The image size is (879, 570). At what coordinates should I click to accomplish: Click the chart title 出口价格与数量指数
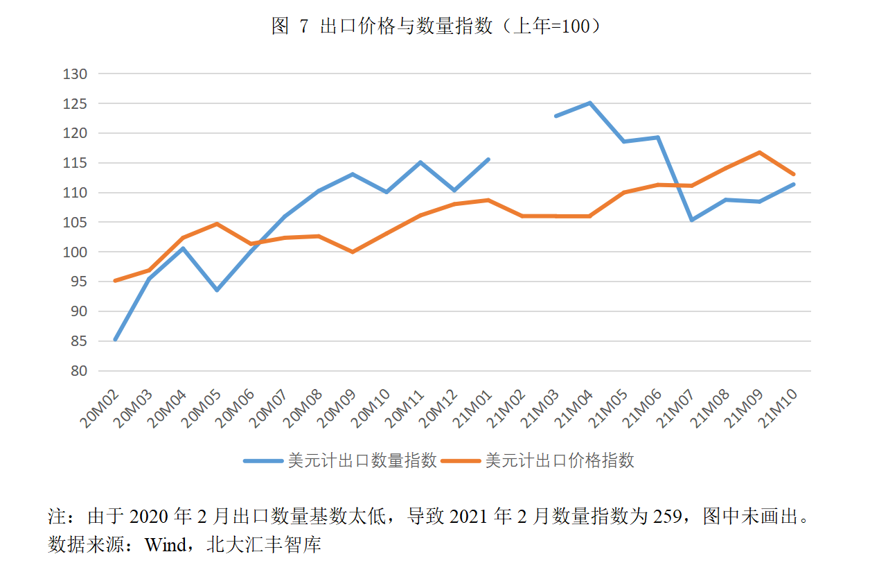pyautogui.click(x=406, y=26)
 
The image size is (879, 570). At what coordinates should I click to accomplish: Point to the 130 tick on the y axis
pyautogui.click(x=75, y=74)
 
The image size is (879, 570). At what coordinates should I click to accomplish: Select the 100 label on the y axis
pyautogui.click(x=75, y=252)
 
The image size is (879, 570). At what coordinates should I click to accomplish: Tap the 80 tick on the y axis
pyautogui.click(x=79, y=371)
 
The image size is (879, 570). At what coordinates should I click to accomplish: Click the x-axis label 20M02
pyautogui.click(x=99, y=408)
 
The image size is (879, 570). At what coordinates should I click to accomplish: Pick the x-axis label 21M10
pyautogui.click(x=777, y=408)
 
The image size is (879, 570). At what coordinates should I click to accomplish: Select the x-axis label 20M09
pyautogui.click(x=337, y=408)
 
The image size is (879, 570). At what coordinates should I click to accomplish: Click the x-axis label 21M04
pyautogui.click(x=574, y=408)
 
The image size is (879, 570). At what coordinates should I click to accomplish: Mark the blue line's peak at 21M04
pyautogui.click(x=589, y=103)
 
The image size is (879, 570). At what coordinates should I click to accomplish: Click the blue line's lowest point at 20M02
pyautogui.click(x=116, y=339)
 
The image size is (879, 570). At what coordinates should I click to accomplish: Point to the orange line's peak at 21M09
pyautogui.click(x=760, y=153)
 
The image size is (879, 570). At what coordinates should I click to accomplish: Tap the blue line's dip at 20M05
pyautogui.click(x=217, y=290)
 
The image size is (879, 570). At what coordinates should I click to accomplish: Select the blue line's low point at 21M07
pyautogui.click(x=692, y=220)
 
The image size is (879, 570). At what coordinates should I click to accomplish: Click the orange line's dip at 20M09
pyautogui.click(x=353, y=252)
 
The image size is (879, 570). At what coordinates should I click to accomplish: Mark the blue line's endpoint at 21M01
pyautogui.click(x=488, y=159)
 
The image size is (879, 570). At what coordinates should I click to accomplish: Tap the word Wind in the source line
pyautogui.click(x=166, y=545)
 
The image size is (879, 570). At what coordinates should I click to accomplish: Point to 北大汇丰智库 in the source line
pyautogui.click(x=264, y=545)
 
